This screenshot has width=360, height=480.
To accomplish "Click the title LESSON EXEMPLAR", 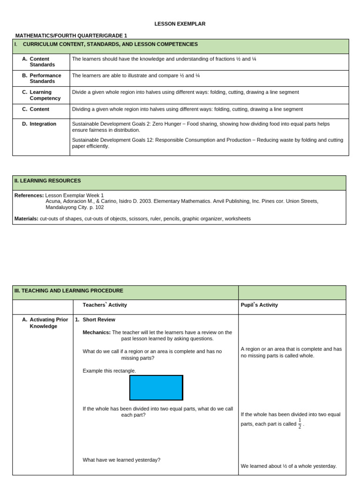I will [x=180, y=24].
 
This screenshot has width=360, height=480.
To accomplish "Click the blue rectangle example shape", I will [x=156, y=388].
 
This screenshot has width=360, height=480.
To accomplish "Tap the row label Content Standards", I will [x=42, y=62].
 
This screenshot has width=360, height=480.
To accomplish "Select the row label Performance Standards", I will [x=45, y=78].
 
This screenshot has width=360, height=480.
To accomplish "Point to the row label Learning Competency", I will [x=45, y=95].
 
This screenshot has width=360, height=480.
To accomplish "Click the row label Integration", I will [x=43, y=124].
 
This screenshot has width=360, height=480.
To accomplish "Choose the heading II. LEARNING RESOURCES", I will [x=48, y=180].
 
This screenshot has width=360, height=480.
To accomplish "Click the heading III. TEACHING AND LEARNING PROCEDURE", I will [x=69, y=291].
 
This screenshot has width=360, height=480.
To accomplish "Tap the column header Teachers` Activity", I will [x=105, y=305].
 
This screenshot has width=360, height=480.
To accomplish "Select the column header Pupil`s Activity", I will [x=259, y=305].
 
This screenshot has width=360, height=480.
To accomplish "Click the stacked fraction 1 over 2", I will [x=300, y=424].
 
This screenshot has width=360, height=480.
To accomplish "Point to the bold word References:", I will [x=29, y=195].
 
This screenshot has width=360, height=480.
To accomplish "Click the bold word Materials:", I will [x=27, y=218].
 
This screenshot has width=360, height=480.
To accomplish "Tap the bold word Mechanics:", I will [x=97, y=332].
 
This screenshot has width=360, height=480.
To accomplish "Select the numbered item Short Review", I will [x=99, y=320].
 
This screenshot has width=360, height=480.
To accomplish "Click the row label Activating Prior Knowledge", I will [x=48, y=323].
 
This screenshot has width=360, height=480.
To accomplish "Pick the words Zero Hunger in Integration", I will [x=199, y=124].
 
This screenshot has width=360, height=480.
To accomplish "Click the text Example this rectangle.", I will [x=109, y=371].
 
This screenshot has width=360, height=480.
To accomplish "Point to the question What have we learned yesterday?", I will [x=121, y=460].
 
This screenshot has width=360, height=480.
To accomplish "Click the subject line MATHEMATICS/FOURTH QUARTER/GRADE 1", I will [x=71, y=36].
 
